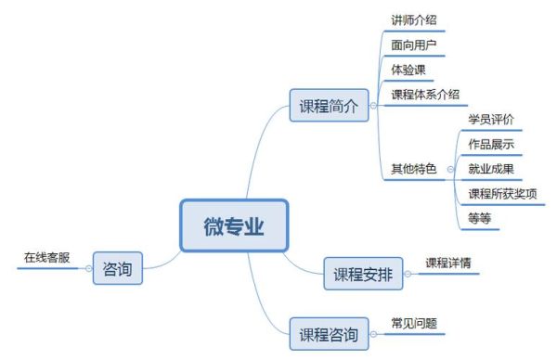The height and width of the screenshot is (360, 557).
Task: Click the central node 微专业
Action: [x=234, y=225]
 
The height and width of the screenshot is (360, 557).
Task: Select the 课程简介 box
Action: [x=328, y=106]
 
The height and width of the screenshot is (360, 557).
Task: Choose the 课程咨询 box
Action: [x=328, y=333]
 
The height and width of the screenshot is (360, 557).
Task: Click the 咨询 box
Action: [x=118, y=269]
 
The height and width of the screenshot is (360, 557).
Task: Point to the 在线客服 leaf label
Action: [x=46, y=257]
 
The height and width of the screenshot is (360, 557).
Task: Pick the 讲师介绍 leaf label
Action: [x=414, y=19]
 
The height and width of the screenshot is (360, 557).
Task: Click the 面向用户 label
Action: [x=414, y=45]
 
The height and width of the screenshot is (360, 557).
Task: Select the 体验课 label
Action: [x=408, y=70]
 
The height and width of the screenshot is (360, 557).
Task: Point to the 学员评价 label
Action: [x=491, y=120]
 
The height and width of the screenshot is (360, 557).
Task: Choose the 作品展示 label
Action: [x=491, y=145]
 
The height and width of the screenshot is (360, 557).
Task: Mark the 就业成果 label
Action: [x=491, y=170]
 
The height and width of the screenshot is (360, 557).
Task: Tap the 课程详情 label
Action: [x=448, y=263]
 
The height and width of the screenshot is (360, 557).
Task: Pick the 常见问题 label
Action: [x=414, y=324]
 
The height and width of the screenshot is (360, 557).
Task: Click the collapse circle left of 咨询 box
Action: [x=89, y=269]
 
